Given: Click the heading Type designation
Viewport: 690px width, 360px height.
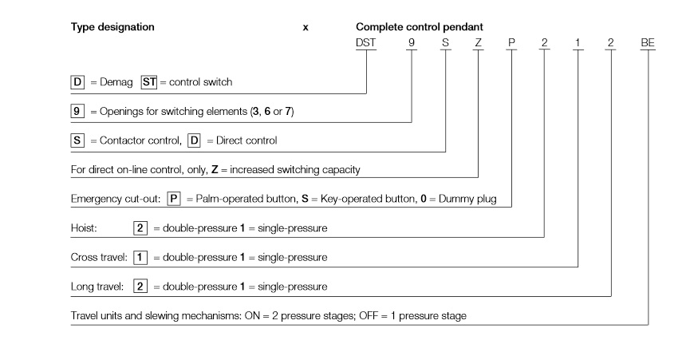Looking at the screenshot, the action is (x=112, y=27).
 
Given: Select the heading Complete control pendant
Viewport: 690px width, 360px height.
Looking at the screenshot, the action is (x=420, y=27).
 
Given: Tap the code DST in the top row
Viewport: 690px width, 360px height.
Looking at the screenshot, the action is (x=365, y=42).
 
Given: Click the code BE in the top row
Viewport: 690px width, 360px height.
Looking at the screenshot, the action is (x=648, y=42).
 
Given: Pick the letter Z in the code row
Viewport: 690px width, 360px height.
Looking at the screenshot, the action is (x=479, y=42).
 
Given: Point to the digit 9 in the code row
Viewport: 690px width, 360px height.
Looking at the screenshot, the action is (x=412, y=42).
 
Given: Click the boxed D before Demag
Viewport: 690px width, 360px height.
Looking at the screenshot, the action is (x=77, y=82).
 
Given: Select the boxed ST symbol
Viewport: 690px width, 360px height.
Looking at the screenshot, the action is (x=148, y=82).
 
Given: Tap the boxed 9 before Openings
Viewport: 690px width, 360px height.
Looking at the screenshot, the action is (x=77, y=111).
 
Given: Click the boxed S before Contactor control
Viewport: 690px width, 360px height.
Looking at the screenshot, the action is (x=77, y=140).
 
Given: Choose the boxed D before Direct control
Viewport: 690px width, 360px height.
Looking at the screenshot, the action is (x=194, y=140).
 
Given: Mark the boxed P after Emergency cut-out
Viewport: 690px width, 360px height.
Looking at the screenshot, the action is (x=174, y=199).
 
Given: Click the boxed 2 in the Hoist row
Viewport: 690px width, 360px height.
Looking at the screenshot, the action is (x=140, y=228).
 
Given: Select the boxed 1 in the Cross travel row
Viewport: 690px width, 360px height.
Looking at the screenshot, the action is (x=140, y=258).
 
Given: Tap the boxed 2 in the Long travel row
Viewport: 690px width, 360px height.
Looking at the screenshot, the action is (x=140, y=287).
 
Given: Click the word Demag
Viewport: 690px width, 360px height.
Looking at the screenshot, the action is (x=116, y=82).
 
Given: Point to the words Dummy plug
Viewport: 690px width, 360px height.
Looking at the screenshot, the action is (x=467, y=199).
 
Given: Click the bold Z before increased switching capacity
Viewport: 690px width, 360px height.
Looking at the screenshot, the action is (x=215, y=170).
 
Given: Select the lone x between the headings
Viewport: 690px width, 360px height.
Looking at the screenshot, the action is (x=306, y=28).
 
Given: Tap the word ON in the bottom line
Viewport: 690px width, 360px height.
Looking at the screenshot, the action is (x=253, y=316).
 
